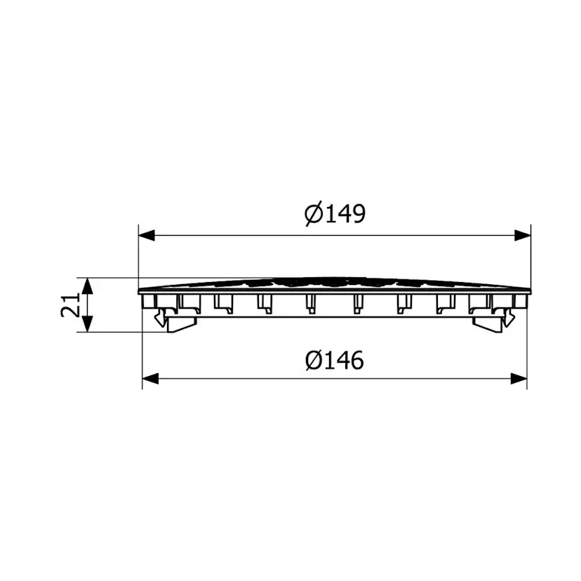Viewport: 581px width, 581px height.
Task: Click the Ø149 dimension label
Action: click(335, 214)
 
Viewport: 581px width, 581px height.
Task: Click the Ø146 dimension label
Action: click(335, 360)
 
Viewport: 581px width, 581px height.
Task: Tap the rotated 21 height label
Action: click(70, 305)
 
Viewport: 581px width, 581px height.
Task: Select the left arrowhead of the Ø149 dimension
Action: click(147, 235)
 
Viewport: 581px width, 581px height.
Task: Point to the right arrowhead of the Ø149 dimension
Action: click(523, 235)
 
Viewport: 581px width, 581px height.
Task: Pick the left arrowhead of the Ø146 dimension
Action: click(150, 379)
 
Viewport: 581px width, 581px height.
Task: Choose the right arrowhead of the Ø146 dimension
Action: click(519, 379)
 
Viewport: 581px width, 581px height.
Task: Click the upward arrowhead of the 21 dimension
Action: click(87, 286)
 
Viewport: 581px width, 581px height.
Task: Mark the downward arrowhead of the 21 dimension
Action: click(87, 324)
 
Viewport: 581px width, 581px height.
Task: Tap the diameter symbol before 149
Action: click(314, 214)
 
